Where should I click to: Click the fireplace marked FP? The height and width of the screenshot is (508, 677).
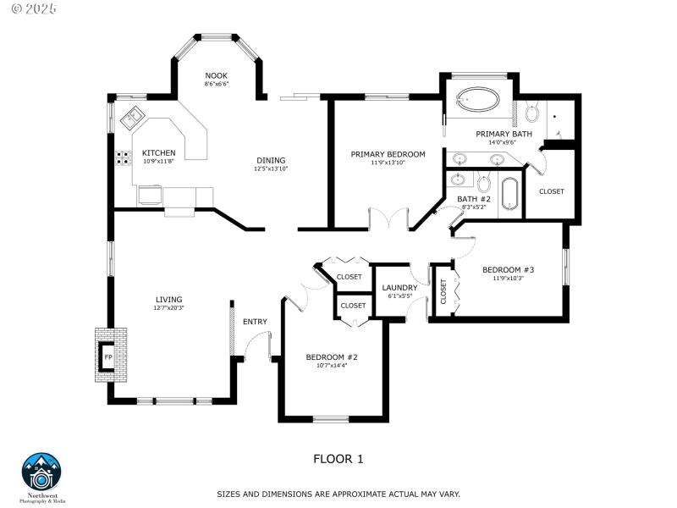107,357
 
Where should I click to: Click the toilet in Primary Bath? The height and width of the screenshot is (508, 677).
533,113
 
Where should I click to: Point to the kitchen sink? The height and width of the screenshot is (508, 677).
132,117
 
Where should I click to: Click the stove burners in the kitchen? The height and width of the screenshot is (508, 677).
123,157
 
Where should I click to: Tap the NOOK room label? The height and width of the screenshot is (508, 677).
216,75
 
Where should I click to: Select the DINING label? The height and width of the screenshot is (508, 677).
271,160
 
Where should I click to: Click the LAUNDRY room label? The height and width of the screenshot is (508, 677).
399,287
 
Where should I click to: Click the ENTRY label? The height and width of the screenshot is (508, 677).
255,322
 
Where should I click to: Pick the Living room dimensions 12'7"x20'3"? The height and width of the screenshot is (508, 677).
168,308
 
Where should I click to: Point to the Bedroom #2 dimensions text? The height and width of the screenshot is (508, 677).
332,365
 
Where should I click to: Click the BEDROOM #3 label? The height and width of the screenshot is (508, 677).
508,270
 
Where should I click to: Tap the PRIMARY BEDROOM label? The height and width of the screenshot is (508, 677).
388,154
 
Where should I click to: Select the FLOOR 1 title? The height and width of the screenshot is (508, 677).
338,459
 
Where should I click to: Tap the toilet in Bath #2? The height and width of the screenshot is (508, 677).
483,183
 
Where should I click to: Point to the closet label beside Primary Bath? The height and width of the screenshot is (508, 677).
551,191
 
